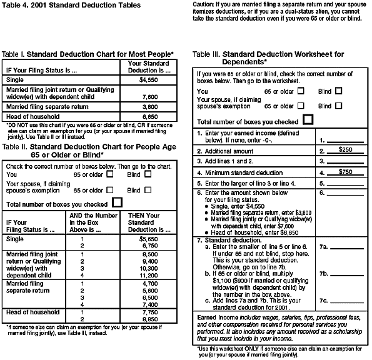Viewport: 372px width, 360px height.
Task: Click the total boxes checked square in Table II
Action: (117, 202)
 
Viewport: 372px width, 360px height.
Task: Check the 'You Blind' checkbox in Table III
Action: (338, 91)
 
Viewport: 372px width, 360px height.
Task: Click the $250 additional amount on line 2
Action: (345, 151)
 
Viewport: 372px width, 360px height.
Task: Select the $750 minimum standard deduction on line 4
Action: (345, 171)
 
